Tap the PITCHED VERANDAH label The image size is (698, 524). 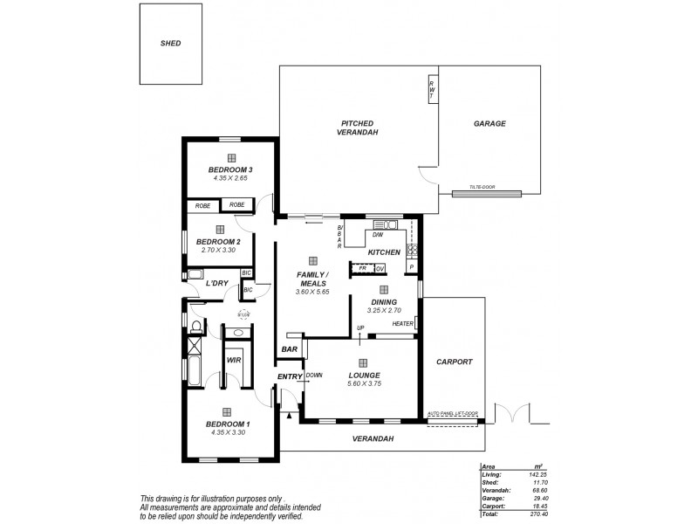[359, 128]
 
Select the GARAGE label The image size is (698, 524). [489, 124]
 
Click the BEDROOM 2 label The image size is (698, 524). [217, 241]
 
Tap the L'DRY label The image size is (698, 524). [217, 284]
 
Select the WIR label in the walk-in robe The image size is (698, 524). [234, 359]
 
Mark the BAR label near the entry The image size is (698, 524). [289, 349]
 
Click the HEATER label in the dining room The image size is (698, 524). [402, 324]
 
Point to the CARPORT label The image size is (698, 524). [454, 362]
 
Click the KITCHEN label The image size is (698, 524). [384, 252]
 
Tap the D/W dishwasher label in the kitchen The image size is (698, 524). [378, 235]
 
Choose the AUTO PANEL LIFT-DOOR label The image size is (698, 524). [452, 413]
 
